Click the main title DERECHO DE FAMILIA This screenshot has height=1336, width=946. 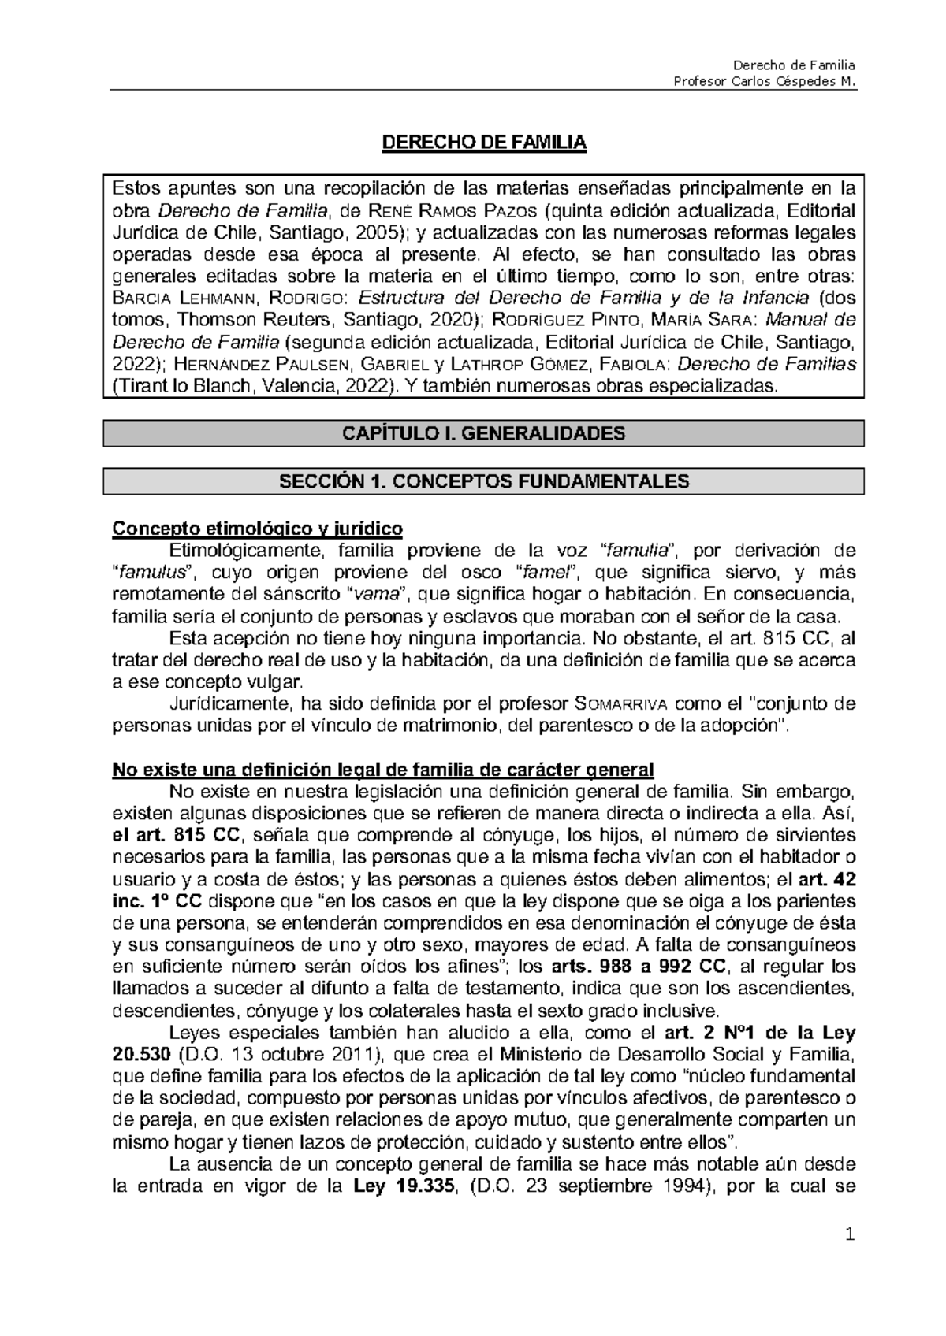pos(484,143)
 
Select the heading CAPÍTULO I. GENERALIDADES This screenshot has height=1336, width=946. pos(484,433)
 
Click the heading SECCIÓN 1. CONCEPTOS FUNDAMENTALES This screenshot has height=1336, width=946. pos(484,481)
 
